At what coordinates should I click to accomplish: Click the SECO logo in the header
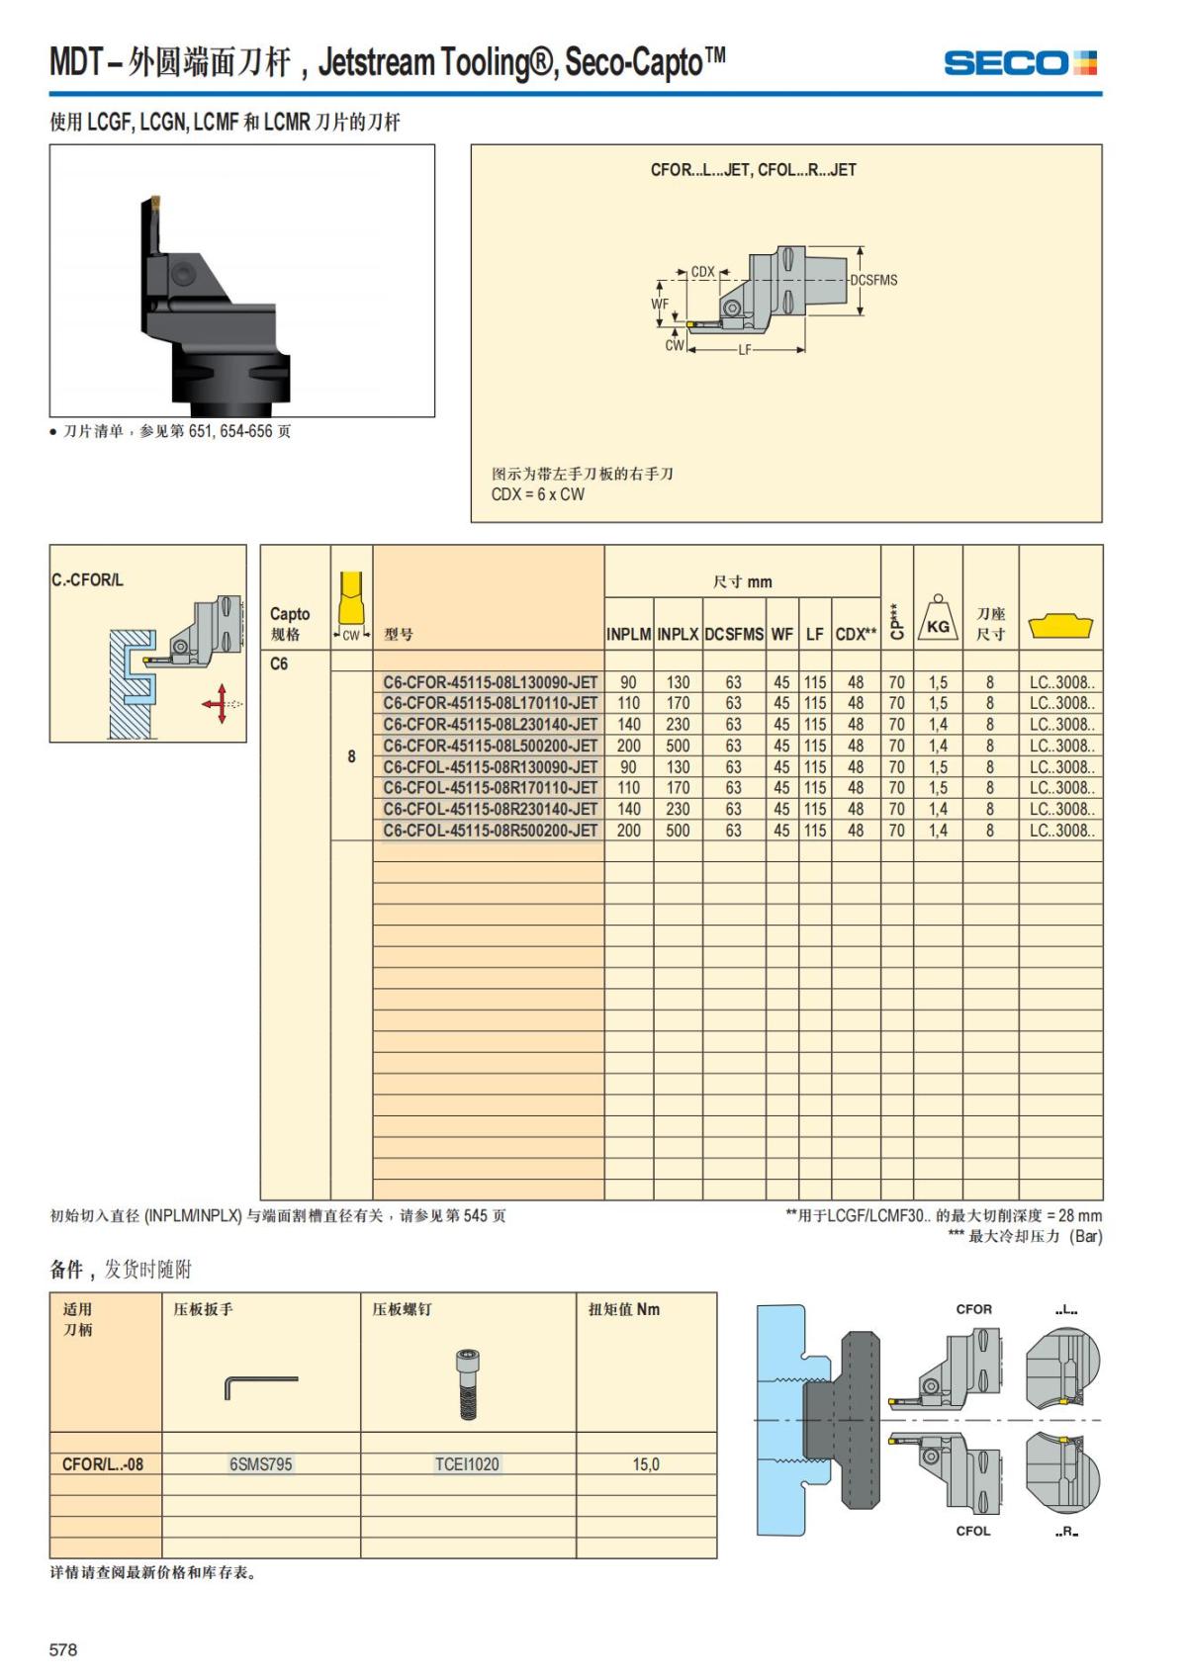(1020, 64)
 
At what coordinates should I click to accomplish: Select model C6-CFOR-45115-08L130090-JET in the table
(490, 682)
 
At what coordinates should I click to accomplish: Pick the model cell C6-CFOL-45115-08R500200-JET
(490, 831)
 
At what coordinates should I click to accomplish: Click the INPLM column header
(628, 635)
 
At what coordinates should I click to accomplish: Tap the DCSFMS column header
(734, 635)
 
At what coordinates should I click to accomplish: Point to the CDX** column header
(856, 635)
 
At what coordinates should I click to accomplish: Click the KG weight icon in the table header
(937, 619)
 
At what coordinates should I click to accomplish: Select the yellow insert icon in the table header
(1060, 626)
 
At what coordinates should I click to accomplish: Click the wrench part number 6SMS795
(261, 1464)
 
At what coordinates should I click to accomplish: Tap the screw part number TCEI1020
(467, 1464)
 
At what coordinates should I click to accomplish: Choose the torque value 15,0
(646, 1464)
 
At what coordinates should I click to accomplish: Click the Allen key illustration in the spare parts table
(261, 1385)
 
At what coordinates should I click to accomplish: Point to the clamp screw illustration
(467, 1383)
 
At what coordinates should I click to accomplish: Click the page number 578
(63, 1649)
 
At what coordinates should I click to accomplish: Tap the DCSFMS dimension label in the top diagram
(873, 281)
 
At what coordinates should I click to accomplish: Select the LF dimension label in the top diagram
(745, 350)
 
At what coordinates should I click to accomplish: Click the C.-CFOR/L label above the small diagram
(88, 580)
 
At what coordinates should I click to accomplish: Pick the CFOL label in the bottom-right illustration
(973, 1531)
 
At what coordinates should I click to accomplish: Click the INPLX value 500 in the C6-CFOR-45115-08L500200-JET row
(678, 746)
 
